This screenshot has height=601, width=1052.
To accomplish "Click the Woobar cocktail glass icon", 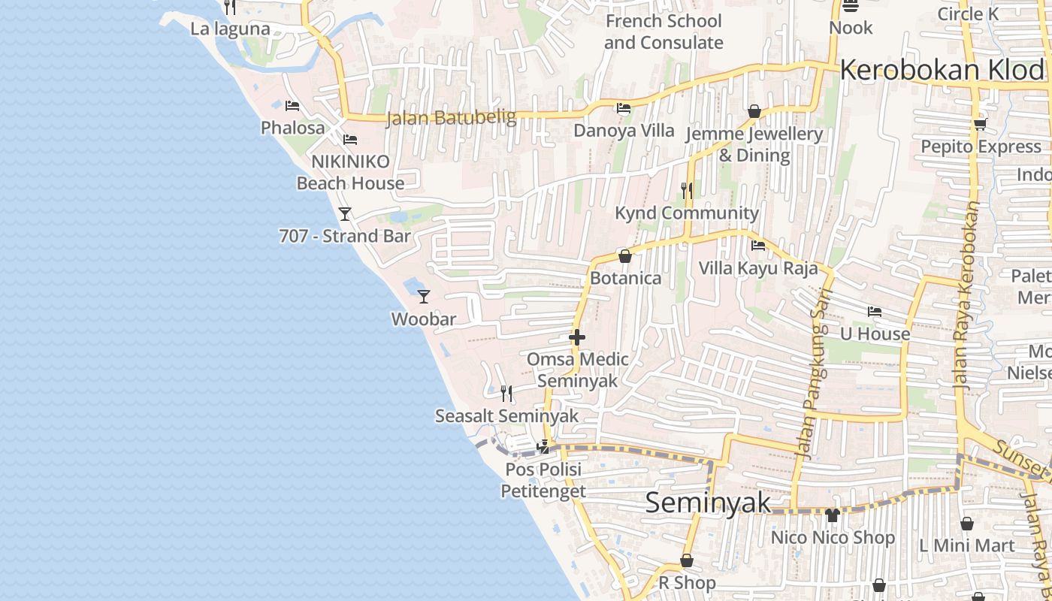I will (424, 297).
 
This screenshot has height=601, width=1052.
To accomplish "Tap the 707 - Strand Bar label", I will (345, 236).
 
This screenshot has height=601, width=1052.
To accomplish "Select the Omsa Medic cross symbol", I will (577, 337).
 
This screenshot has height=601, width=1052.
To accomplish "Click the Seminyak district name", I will (708, 503).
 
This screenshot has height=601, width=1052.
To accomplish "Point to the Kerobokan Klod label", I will (942, 70).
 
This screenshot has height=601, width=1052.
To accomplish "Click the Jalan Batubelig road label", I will (451, 118).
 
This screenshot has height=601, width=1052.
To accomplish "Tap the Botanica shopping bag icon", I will (624, 256).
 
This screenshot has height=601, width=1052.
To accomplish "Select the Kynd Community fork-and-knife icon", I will (687, 190).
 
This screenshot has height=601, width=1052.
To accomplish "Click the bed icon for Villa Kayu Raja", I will (758, 245).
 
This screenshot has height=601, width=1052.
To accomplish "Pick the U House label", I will (875, 334).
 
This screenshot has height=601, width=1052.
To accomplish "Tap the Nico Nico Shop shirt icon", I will (832, 515).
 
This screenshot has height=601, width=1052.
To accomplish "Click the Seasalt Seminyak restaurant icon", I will (506, 393).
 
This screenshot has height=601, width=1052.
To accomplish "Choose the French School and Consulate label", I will (664, 32).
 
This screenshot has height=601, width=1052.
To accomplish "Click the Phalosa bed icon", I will (292, 106).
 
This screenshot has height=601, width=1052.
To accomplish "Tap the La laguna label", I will (230, 29).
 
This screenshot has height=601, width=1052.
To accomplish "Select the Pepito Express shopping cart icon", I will (980, 124).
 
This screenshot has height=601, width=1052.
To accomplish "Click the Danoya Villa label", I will (624, 131).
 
